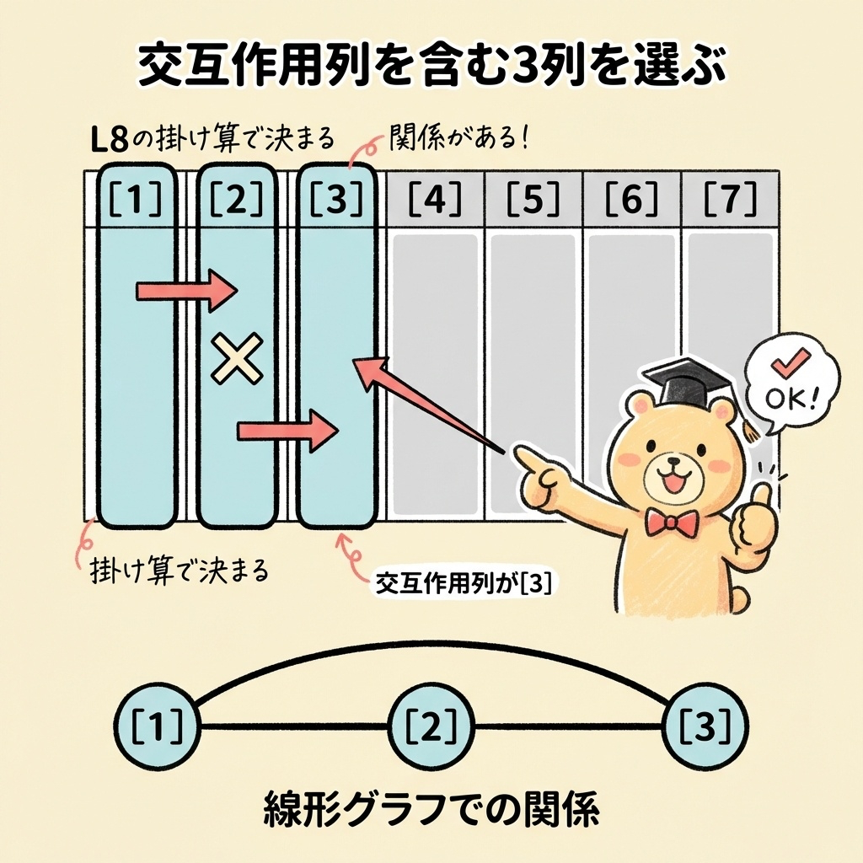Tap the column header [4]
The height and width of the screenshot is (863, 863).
tap(434, 199)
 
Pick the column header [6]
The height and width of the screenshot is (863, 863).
tap(633, 199)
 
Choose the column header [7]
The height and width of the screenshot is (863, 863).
tap(731, 199)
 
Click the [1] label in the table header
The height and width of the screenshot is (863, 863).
tap(137, 199)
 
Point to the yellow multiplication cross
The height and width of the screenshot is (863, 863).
tap(237, 359)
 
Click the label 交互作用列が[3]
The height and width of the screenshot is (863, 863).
tap(461, 582)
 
